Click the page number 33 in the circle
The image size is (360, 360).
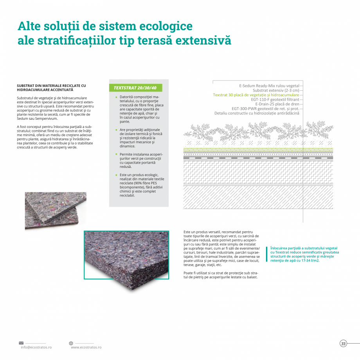[x=343, y=344]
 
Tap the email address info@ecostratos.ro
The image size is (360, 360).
[x=36, y=347]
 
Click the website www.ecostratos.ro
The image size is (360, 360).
[x=86, y=347]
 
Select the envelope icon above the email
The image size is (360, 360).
[x=21, y=343]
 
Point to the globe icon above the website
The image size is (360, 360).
[x=71, y=343]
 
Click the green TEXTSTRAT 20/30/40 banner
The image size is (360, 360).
[x=135, y=88]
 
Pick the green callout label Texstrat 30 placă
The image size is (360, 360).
[x=256, y=95]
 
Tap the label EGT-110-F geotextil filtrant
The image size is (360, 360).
[x=275, y=99]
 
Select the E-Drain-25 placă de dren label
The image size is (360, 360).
[x=277, y=104]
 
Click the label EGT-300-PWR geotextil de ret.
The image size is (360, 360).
[x=265, y=108]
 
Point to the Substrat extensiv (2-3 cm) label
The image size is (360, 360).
[x=275, y=90]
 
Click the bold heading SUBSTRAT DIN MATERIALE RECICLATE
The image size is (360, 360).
[x=51, y=87]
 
